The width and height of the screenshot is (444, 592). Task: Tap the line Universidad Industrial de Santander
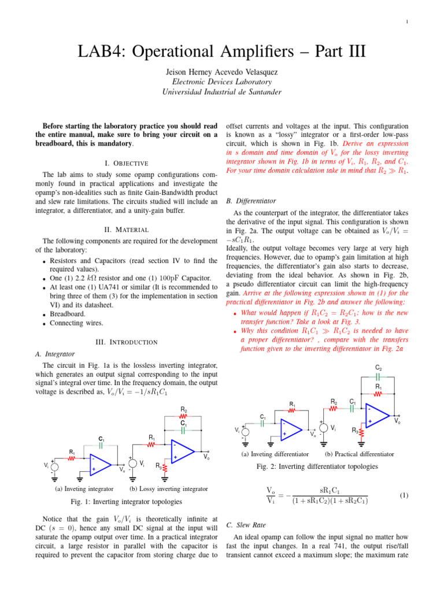click(x=222, y=91)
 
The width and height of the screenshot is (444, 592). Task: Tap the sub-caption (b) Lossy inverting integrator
click(x=168, y=489)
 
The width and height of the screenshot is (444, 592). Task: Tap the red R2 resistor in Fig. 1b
click(x=183, y=415)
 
